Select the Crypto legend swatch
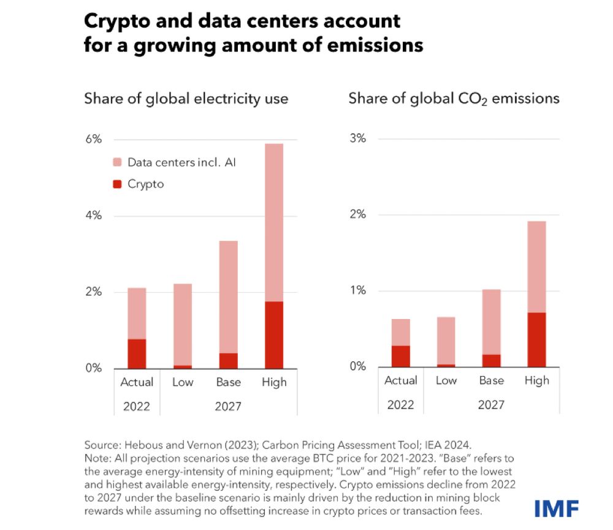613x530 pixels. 118,183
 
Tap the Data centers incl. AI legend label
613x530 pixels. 181,163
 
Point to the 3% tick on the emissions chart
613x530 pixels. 357,139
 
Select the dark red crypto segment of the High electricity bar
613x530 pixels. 274,335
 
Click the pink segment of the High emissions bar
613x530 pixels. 536,267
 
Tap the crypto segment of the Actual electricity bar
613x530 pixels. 137,353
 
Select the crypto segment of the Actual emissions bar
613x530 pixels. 400,356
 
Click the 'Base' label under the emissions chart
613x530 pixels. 491,380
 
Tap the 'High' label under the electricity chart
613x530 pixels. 274,382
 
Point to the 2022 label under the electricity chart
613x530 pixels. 137,406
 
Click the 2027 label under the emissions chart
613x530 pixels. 491,404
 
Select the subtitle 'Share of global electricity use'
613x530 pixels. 186,98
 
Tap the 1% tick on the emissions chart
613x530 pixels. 357,291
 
